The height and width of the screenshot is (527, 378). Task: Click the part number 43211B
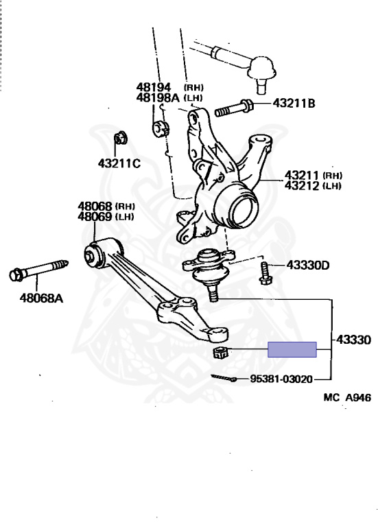click(294, 103)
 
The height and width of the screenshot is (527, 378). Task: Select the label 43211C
click(119, 163)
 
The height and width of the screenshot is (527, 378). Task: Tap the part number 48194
click(154, 87)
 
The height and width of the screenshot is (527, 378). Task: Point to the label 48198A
click(158, 97)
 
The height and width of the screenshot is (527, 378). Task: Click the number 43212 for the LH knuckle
click(301, 185)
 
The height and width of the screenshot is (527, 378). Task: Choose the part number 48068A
click(41, 298)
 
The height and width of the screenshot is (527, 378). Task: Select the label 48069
click(95, 216)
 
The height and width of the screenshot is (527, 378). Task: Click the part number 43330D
click(308, 265)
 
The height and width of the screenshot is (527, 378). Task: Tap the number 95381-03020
click(281, 379)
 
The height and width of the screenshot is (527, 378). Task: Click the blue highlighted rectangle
click(292, 349)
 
